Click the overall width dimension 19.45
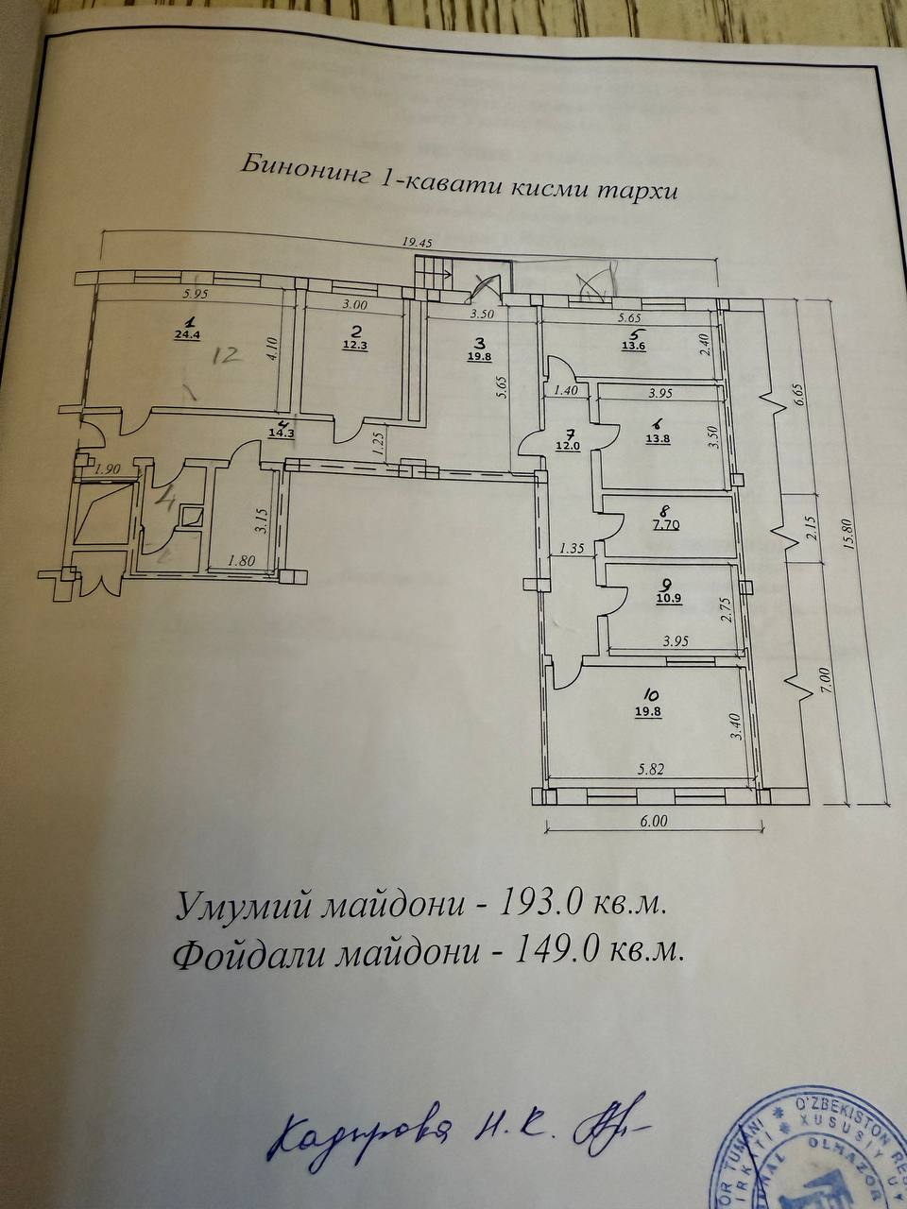[417, 242]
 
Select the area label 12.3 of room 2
[355, 345]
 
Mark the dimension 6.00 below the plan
[653, 821]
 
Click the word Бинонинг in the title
[290, 166]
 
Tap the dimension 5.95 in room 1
[196, 295]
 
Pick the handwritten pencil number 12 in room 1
[229, 356]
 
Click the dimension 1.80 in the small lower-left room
[241, 561]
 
